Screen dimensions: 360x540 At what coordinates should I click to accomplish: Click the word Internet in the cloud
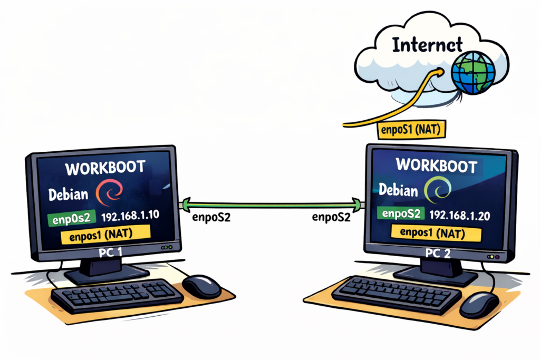[x=427, y=45]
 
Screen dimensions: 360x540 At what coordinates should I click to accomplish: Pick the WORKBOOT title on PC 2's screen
[x=436, y=164]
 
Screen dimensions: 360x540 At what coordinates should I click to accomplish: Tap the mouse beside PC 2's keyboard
[x=479, y=305]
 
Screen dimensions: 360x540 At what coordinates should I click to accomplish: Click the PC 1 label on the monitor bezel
[x=111, y=253]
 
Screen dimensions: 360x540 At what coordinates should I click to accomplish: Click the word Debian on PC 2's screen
[x=399, y=189]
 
